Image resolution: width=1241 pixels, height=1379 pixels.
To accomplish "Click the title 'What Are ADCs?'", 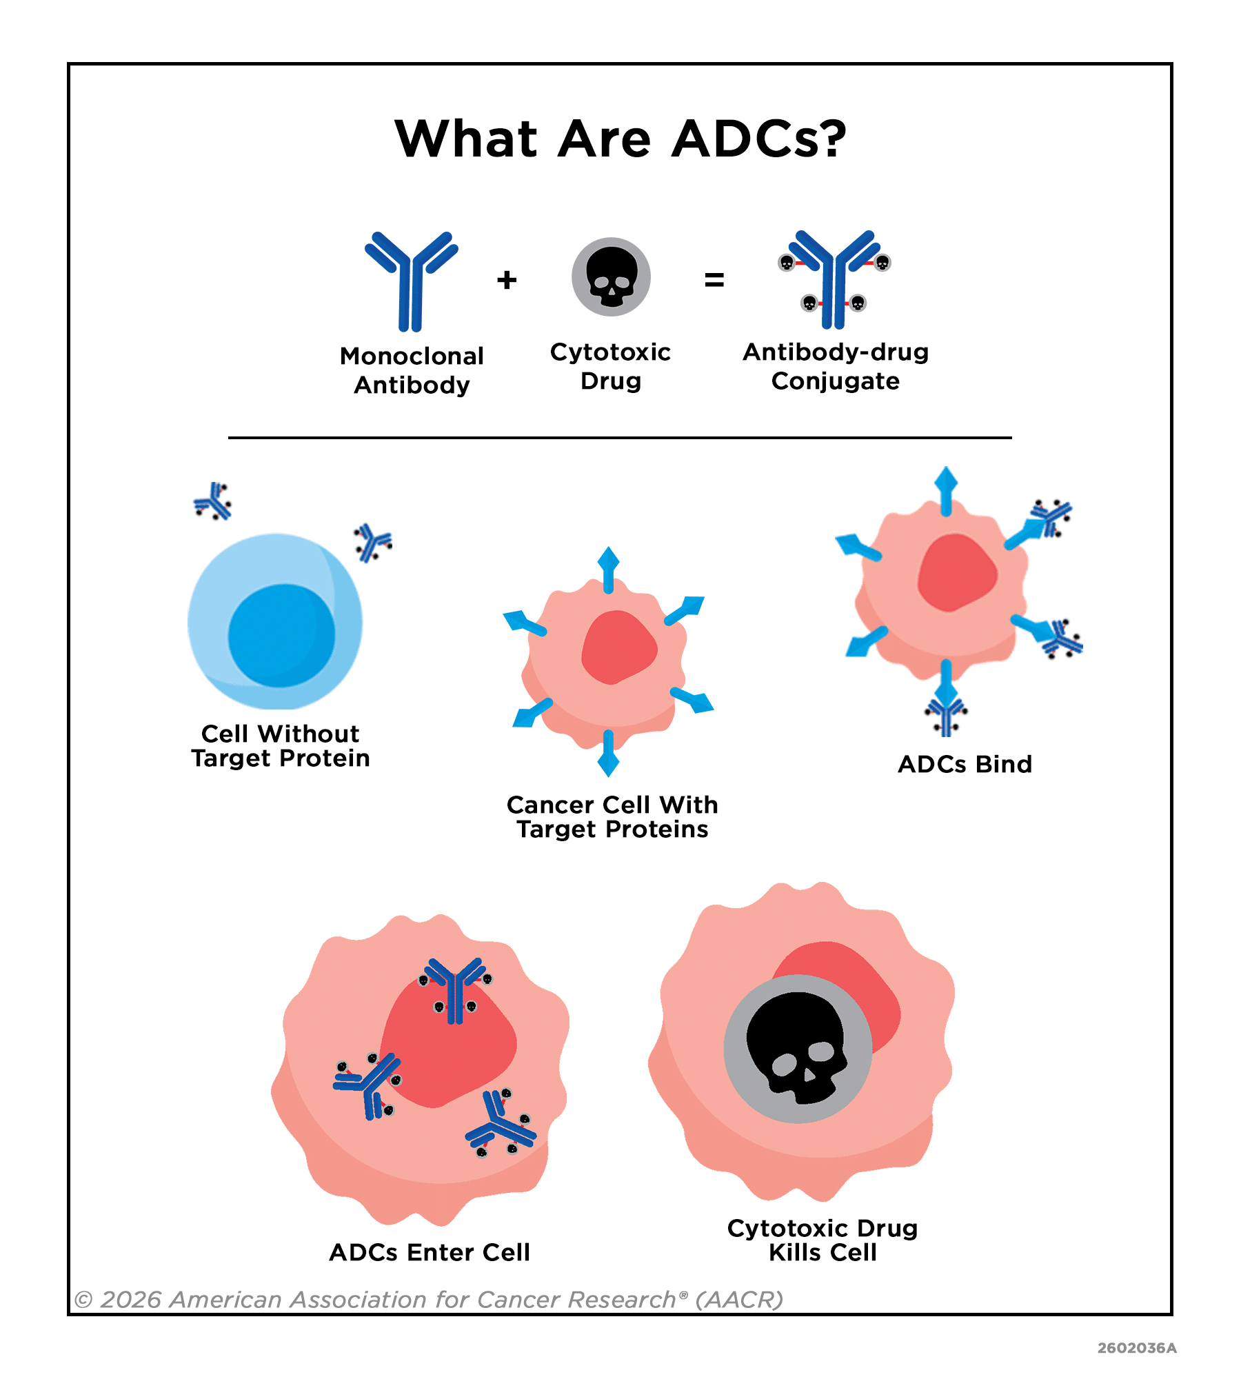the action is pos(620,139).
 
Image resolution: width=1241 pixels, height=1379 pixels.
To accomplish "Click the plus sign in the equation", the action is pos(507,279).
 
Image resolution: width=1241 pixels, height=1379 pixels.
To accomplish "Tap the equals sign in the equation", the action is pos(714,279).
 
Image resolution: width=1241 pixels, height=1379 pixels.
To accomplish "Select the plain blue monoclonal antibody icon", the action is pos(412,281).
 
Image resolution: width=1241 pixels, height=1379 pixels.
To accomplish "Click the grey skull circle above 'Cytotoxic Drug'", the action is pos(611,276).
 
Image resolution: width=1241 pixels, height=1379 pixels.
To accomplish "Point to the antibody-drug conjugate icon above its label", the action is pos(834,279).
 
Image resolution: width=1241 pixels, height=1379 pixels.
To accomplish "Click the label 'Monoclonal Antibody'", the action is pos(412,370).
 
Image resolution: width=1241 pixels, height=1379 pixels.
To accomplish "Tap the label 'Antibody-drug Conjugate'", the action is pos(836,366).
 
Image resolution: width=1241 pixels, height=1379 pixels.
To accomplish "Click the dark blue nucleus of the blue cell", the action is pos(281,636).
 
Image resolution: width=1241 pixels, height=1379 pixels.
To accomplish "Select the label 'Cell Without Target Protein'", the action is pos(281,745).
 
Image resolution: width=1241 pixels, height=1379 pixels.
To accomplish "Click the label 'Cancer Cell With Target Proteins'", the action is pos(612,816).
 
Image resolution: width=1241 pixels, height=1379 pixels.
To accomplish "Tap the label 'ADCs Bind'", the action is pos(965,764).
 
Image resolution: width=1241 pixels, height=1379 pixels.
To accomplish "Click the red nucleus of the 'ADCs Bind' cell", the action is pos(957,572).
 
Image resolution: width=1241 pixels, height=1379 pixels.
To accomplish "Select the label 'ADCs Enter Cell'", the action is pos(430,1252).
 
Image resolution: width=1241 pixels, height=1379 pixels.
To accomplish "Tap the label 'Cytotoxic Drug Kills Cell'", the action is pos(823,1240).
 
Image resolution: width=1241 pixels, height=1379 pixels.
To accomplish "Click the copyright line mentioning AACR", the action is pos(429,1300).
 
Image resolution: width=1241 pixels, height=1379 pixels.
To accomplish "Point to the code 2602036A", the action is pos(1137,1348).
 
